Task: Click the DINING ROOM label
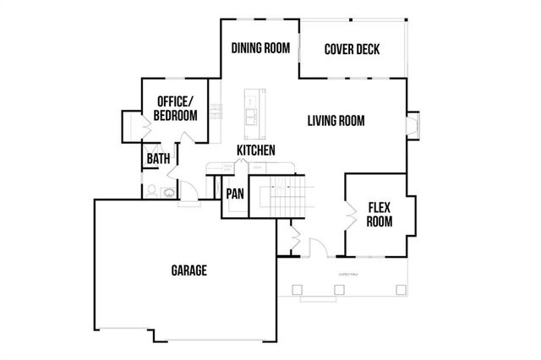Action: click(x=260, y=48)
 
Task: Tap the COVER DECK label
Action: click(x=352, y=48)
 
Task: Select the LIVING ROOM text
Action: click(x=336, y=121)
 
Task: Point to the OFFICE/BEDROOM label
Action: click(x=176, y=108)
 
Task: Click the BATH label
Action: click(x=158, y=158)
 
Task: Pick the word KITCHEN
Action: click(x=255, y=150)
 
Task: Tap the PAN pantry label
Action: click(x=234, y=194)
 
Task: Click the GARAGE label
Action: click(x=189, y=270)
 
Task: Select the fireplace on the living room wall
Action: click(x=412, y=125)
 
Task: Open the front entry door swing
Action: click(x=318, y=247)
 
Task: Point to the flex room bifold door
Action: click(x=349, y=215)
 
